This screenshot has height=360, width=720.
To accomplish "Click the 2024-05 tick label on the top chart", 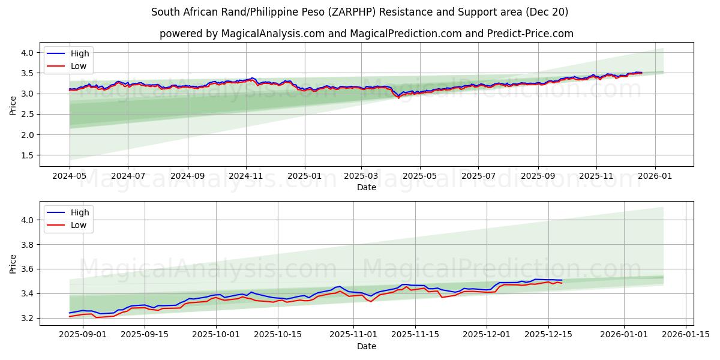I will pos(70,176).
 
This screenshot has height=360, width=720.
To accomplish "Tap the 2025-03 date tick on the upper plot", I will pos(362,176).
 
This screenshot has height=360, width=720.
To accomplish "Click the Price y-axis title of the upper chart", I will pos(13,105).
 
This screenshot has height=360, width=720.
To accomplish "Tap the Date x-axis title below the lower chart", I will pos(367,346).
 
